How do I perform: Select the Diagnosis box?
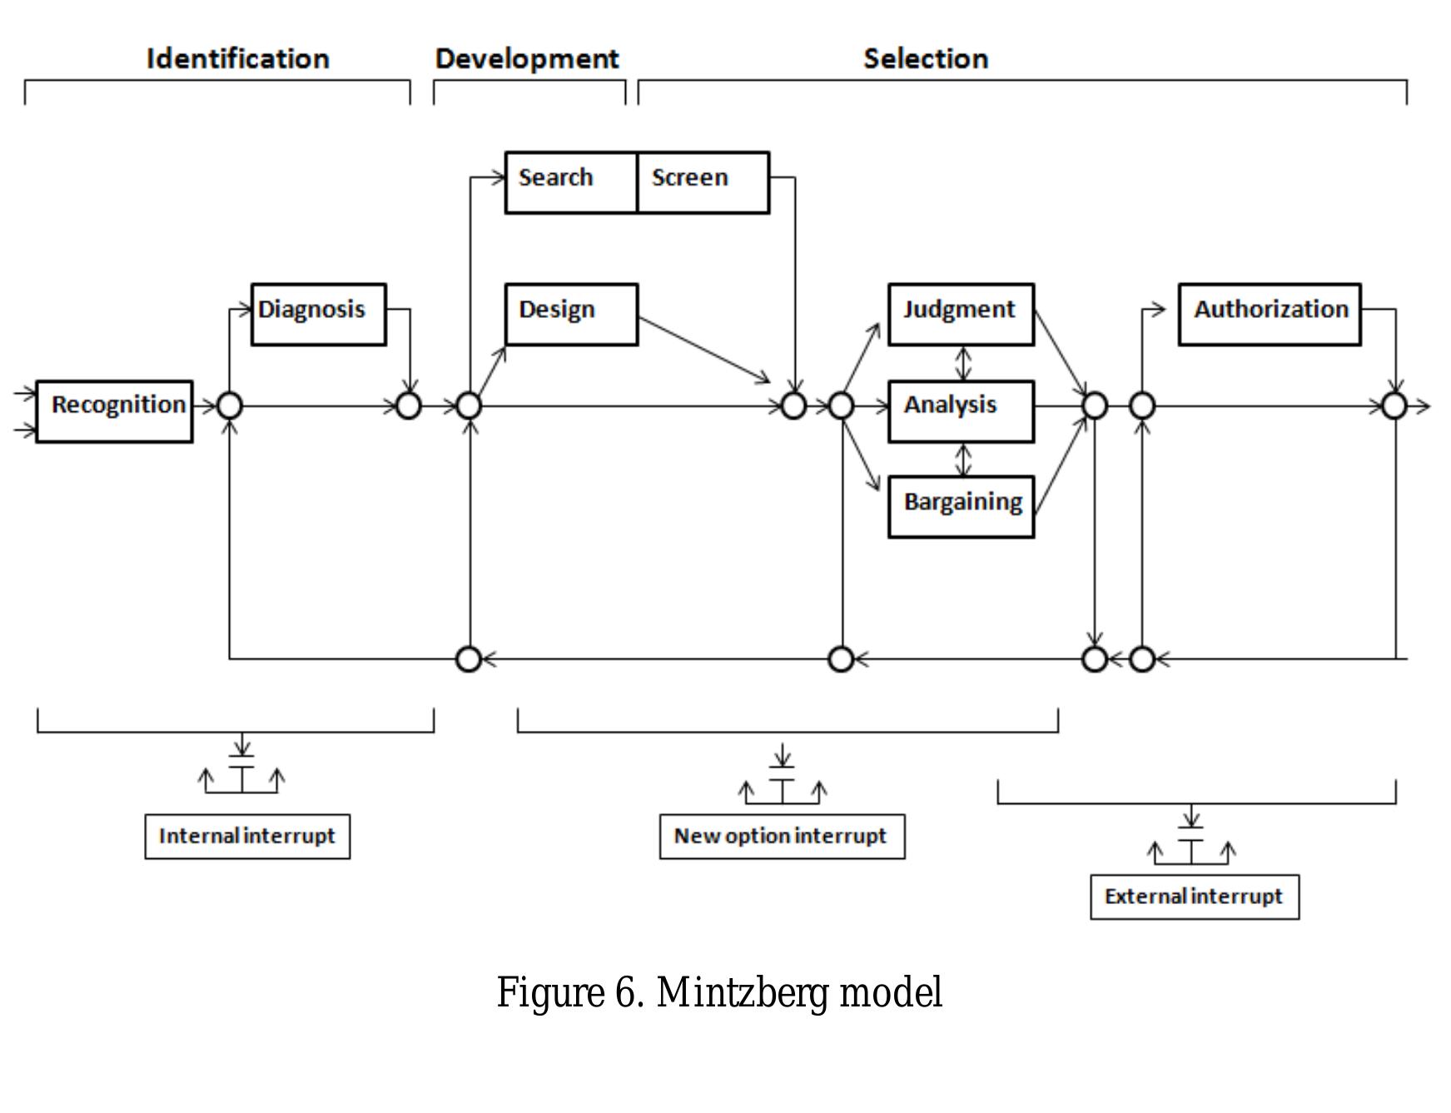tap(318, 314)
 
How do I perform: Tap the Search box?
tap(570, 182)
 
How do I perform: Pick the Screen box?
tap(703, 182)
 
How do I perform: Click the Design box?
tap(571, 314)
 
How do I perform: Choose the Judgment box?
tap(961, 314)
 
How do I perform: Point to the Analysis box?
tap(961, 411)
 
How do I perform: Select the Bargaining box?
tap(961, 506)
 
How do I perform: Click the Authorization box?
tap(1270, 314)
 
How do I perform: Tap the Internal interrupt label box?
tap(247, 837)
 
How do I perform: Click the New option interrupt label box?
tap(782, 837)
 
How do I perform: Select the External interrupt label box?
tap(1195, 897)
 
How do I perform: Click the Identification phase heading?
tap(238, 58)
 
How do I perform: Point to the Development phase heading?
tap(527, 58)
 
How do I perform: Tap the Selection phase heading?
tap(926, 58)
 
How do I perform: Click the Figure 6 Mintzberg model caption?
tap(719, 992)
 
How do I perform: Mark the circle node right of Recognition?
tap(230, 406)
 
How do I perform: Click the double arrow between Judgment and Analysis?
tap(963, 363)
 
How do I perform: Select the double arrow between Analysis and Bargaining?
tap(963, 460)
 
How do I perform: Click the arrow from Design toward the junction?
tap(703, 350)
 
